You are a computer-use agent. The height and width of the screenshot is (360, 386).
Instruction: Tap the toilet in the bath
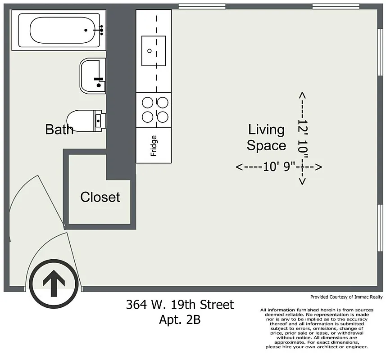86,120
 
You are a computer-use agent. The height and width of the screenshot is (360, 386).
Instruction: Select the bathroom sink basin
92,75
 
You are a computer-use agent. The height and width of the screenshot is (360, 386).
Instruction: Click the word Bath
59,130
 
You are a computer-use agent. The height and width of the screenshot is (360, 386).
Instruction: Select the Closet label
100,197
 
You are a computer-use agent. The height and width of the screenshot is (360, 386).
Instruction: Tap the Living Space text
266,138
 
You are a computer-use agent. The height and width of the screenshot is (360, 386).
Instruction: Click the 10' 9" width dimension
279,167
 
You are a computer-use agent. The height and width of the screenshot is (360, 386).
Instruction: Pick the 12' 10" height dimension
302,138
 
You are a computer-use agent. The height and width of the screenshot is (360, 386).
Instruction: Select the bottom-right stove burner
162,117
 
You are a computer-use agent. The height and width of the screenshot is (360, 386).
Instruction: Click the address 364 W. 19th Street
180,305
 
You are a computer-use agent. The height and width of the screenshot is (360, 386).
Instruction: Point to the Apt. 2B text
180,320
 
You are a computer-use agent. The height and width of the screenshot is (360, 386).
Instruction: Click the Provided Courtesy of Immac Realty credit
346,297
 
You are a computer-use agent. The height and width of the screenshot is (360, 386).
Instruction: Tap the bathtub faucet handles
100,30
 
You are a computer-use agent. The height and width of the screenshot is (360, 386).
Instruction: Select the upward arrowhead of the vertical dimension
302,95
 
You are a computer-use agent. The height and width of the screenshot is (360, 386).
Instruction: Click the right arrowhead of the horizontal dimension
318,167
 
